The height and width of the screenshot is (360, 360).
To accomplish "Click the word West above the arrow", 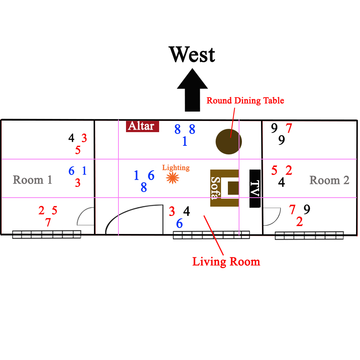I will point(192,55).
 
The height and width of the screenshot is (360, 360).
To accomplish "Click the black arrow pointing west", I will point(192,92).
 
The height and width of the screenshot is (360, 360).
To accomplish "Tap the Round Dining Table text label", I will point(245,100).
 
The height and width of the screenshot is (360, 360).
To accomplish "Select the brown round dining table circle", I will point(229,141).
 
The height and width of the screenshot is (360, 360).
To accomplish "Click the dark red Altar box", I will point(142,126).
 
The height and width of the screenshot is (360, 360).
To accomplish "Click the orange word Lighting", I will point(176,167).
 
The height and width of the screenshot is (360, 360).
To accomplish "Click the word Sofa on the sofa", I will point(216,188).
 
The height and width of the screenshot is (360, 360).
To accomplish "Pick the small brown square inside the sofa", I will point(233,188).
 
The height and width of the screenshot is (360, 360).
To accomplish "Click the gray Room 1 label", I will point(32,180).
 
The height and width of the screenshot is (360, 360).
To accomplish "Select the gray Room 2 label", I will point(329,180).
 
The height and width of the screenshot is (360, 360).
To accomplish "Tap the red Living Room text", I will point(226,261).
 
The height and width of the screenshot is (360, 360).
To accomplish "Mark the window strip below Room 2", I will point(309,236).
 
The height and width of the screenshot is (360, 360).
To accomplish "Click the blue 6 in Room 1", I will point(72,171).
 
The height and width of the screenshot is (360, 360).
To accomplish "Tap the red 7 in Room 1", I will point(48,222).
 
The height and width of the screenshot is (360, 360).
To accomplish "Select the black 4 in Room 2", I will point(282,182).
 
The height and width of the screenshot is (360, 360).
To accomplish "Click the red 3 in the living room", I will point(172,211).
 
